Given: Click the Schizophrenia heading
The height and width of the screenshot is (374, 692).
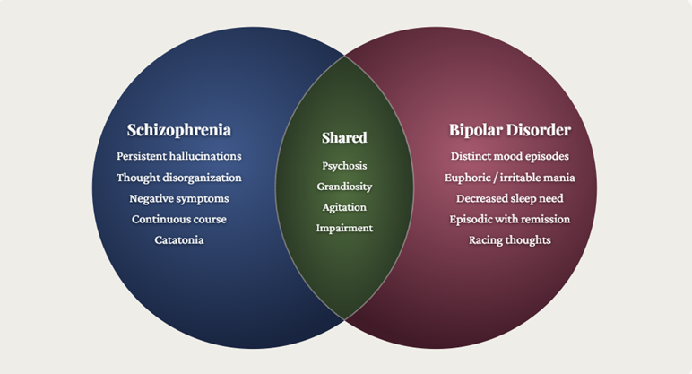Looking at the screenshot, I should tap(178, 130).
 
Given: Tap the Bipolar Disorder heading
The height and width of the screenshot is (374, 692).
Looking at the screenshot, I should tap(509, 130).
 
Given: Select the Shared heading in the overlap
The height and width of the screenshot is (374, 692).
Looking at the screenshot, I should tap(344, 138).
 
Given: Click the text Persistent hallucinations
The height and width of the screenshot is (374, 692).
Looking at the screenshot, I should tap(178, 156).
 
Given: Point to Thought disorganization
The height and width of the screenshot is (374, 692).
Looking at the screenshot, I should tap(178, 178).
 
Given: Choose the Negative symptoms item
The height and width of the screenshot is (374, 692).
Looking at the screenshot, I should tap(178, 198).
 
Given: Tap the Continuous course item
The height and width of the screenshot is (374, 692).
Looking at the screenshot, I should tap(178, 219).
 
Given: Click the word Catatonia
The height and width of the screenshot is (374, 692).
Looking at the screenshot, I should tap(178, 240).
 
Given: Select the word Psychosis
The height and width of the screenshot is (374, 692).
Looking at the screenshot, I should tap(344, 166).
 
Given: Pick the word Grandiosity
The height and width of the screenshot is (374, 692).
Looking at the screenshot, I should tap(344, 187).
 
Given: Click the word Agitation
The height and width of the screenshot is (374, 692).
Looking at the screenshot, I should tap(344, 207).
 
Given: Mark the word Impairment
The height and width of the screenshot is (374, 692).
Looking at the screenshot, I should tap(344, 228).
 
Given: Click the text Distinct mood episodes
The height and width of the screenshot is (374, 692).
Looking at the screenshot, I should tap(509, 156).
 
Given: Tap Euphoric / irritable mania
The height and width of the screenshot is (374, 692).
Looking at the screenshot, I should tap(509, 178).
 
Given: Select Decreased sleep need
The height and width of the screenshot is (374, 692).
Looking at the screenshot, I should tap(509, 198).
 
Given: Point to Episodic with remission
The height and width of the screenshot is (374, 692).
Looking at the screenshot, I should tap(509, 219).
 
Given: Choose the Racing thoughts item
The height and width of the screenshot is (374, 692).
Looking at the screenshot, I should tap(509, 240).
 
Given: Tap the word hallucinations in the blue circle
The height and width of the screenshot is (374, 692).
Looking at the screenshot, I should tap(205, 156).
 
